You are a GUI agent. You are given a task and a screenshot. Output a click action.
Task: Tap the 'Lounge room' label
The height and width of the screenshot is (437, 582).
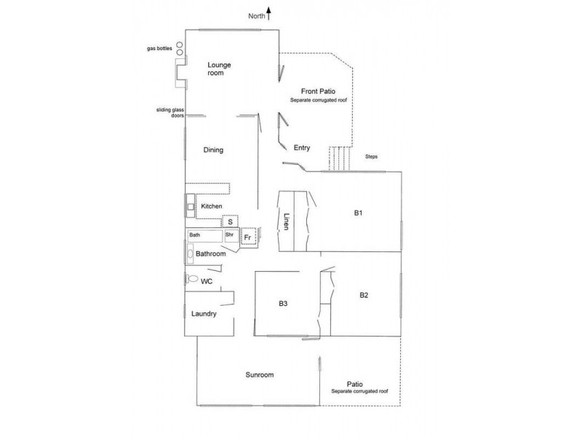click(218, 69)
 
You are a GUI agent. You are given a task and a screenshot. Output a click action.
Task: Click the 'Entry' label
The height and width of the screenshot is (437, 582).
click(302, 148)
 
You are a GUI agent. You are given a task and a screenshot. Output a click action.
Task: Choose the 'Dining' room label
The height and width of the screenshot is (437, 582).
click(213, 150)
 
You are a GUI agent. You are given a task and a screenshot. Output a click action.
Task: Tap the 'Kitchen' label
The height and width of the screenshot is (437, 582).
click(212, 207)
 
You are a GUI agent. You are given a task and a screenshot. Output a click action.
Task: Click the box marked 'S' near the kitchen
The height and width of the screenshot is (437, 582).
click(230, 221)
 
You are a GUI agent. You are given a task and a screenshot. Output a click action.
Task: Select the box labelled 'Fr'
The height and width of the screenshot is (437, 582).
click(247, 237)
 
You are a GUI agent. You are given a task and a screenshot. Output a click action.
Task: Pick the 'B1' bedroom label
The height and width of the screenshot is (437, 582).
click(358, 213)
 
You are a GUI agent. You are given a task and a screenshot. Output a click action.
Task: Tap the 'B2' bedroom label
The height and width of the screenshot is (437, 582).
click(364, 295)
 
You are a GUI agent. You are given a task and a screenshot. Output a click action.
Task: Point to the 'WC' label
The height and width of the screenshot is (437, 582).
click(206, 281)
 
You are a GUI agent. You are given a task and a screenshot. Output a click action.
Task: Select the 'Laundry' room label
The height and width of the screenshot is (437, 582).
click(204, 314)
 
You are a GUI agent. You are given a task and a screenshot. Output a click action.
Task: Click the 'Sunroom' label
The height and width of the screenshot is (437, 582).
click(259, 375)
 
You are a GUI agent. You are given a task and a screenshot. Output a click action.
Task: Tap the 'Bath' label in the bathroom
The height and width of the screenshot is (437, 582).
click(195, 235)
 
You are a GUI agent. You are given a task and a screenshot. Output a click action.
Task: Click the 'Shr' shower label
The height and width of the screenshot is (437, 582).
click(229, 235)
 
